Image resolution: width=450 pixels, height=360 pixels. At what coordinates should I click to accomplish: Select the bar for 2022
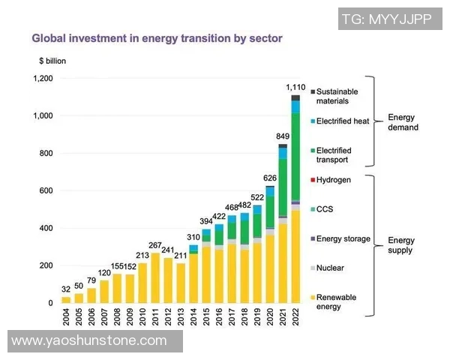295,202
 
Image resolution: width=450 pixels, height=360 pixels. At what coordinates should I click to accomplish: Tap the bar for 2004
66,299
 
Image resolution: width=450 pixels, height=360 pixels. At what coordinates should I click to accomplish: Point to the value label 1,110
295,88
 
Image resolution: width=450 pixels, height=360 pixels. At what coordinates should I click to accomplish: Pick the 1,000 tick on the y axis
43,116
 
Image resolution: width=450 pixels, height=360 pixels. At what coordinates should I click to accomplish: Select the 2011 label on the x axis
155,317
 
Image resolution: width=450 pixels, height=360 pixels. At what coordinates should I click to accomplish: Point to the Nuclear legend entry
330,268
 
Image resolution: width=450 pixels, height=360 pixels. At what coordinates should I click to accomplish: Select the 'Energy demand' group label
403,122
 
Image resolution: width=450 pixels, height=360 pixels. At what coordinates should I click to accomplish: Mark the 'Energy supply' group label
400,245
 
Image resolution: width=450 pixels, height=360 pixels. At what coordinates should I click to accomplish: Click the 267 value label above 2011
155,245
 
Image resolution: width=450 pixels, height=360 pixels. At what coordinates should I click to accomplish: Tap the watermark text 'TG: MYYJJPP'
385,19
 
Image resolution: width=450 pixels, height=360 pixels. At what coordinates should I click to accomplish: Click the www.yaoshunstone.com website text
89,340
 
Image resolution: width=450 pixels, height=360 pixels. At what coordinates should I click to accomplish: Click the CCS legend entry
324,209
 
